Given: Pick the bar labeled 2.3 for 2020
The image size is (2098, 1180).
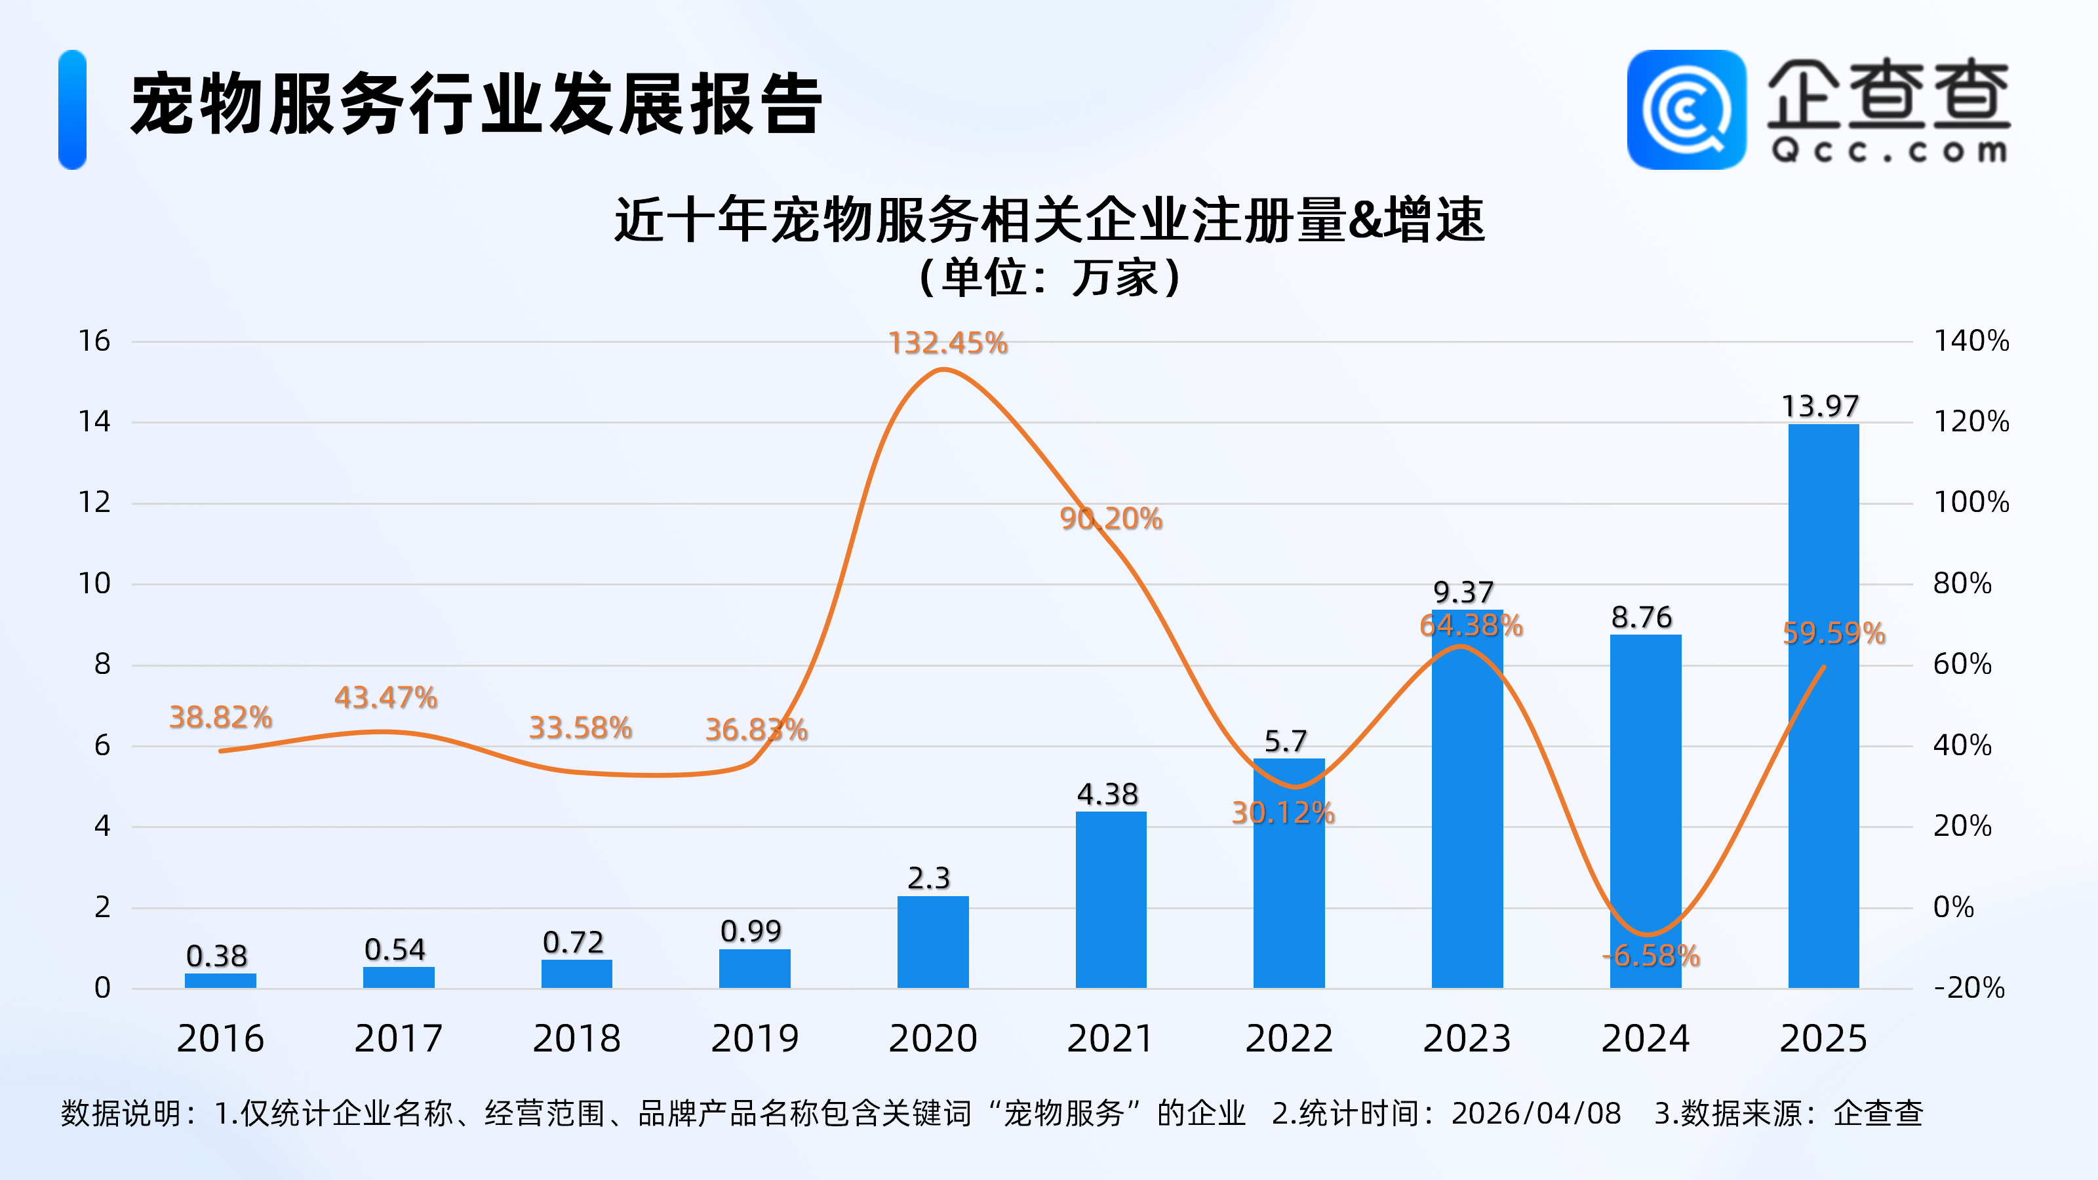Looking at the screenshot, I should coord(932,941).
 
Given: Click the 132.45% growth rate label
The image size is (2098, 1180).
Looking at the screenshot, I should coord(947,343).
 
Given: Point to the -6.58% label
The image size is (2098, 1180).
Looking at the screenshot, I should coord(1651,955).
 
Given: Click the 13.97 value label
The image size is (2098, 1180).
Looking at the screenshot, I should coord(1820,406).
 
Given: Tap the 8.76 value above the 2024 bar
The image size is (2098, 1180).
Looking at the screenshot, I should coord(1641,618).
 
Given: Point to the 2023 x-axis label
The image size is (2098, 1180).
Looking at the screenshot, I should coord(1467,1038).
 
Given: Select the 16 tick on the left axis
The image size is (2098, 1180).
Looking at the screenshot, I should coord(94,340).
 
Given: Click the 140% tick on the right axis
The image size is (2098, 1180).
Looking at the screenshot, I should coord(1971,340).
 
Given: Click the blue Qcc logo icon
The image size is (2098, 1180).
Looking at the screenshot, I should coord(1686,110).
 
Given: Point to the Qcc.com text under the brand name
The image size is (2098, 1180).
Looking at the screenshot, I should coord(1888,151).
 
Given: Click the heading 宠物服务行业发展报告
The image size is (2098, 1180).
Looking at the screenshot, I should coord(477,104).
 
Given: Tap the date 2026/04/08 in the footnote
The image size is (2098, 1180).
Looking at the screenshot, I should coord(1536,1113).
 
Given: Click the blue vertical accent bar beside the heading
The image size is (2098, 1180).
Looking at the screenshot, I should coord(73,110).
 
